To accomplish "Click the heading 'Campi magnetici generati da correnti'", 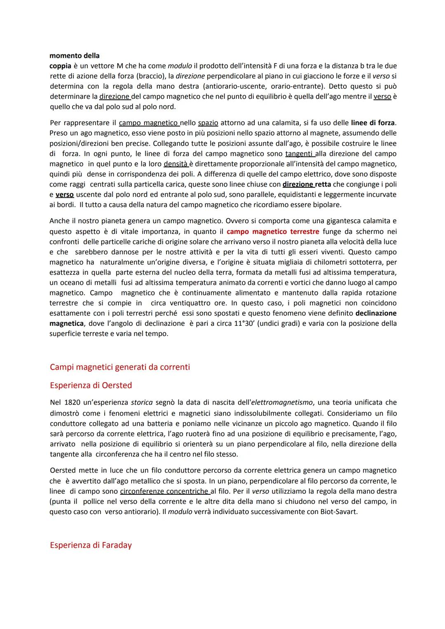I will pos(119,367).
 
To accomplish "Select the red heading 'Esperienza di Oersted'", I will pos(91,385).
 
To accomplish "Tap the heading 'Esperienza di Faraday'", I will pos(91,545).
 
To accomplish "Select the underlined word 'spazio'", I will pos(208,123).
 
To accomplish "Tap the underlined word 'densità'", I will pos(176,164).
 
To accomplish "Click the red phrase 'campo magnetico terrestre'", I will pos(273,231).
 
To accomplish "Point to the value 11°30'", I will pos(246,323).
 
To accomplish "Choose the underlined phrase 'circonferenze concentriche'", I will pos(164,491).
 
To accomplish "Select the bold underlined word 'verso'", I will pos(65,194).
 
